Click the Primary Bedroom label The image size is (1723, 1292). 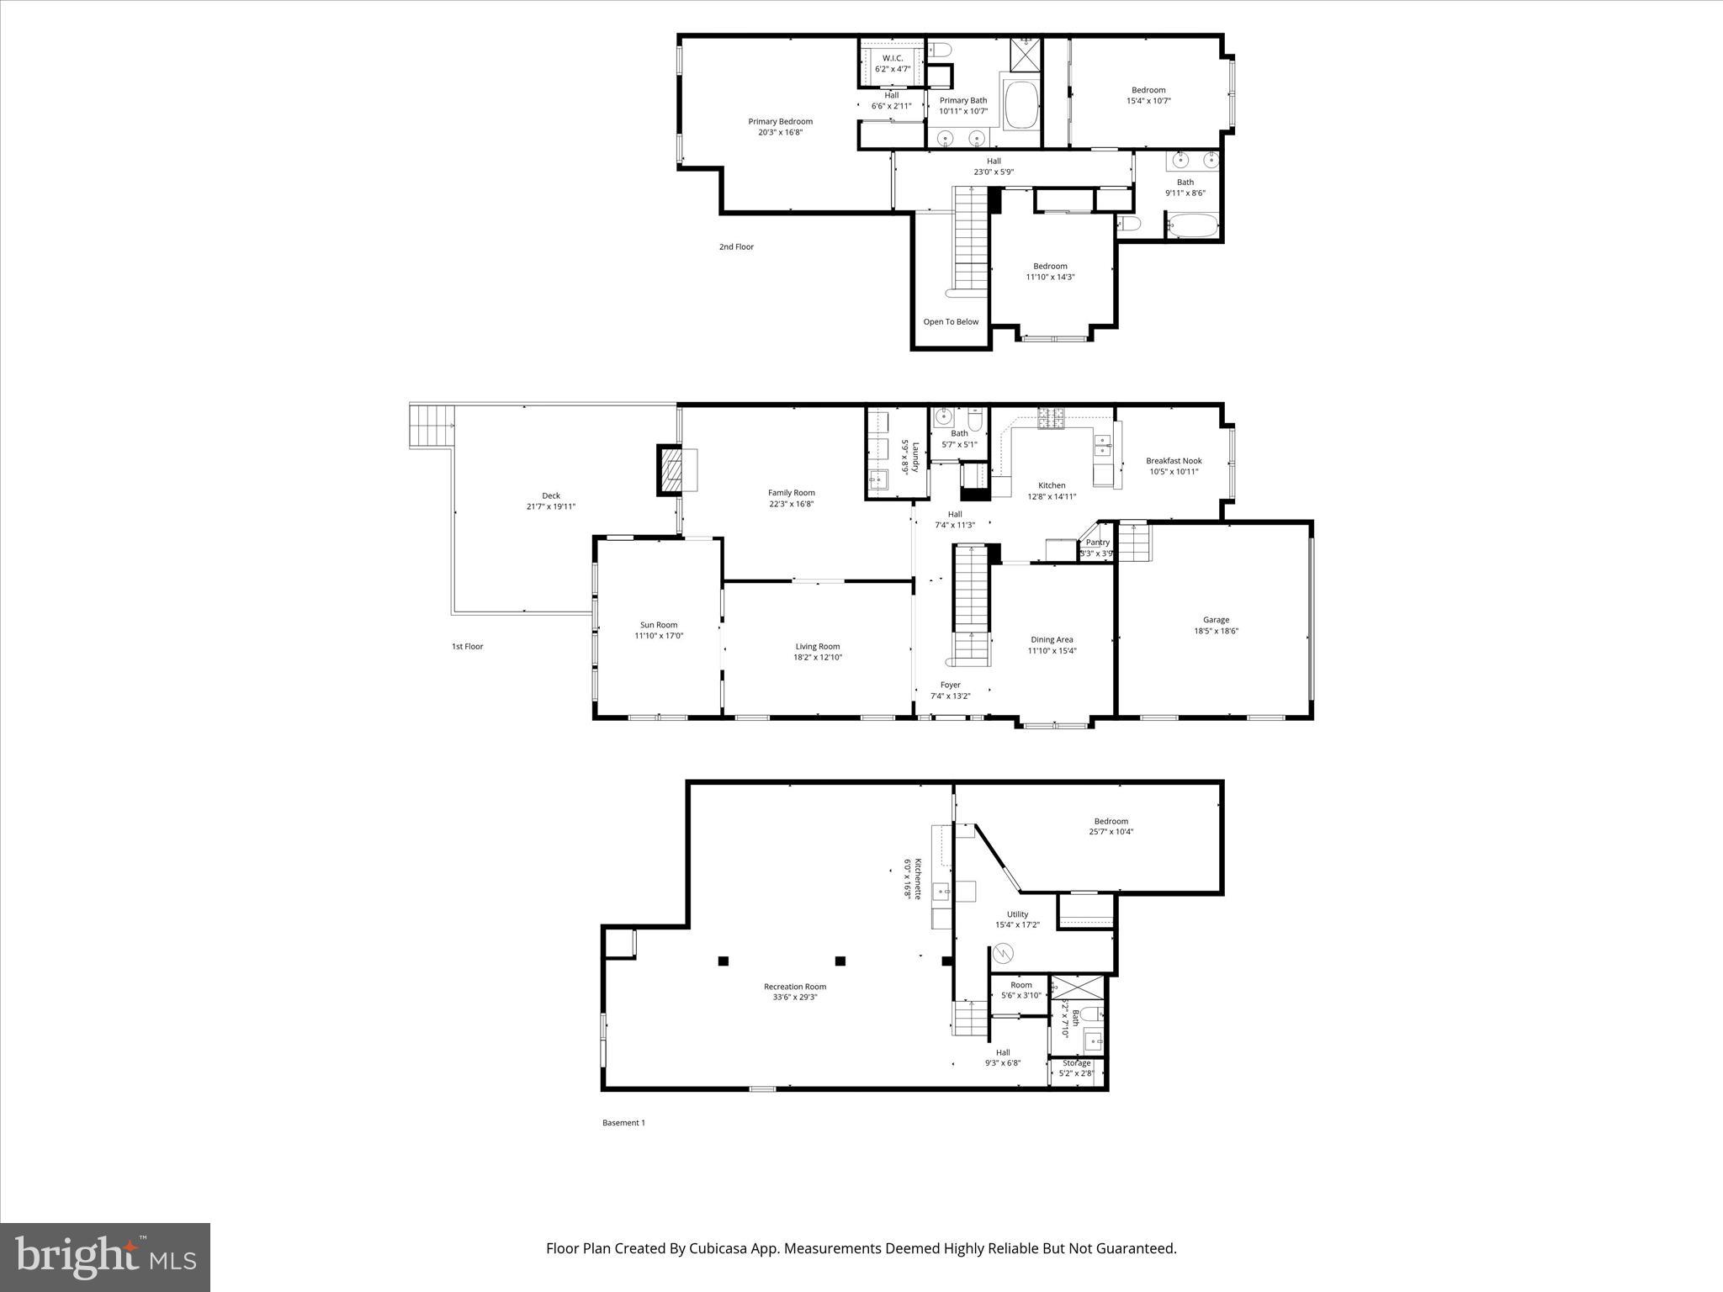point(780,122)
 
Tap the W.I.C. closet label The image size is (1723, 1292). point(892,58)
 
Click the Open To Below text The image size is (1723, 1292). point(951,322)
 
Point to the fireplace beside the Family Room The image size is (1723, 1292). point(671,469)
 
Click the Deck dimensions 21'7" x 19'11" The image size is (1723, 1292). point(550,507)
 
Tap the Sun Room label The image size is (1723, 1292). point(659,625)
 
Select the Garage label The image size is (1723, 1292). point(1216,620)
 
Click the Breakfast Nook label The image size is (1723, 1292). point(1174,461)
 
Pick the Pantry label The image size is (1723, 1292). point(1097,543)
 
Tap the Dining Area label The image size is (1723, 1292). point(1052,639)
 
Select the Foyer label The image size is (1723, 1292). point(950,685)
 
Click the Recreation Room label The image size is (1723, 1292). point(794,987)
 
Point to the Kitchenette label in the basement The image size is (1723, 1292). point(918,878)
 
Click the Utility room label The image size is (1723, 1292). point(1017,914)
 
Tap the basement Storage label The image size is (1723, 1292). point(1076,1063)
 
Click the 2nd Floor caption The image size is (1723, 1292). point(736,247)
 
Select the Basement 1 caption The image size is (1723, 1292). point(623,1123)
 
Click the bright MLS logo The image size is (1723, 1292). point(105,1257)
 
